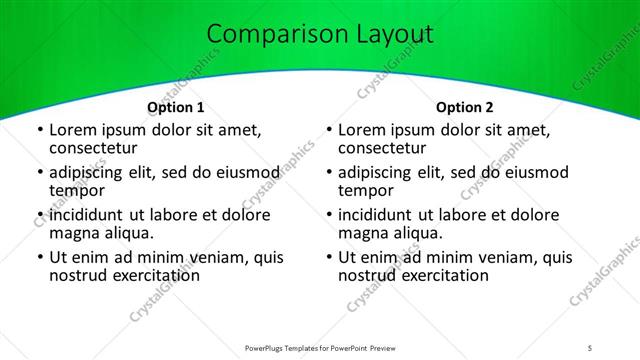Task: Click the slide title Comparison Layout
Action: [x=319, y=35]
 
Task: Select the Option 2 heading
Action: [x=465, y=107]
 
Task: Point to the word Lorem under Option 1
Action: [x=72, y=130]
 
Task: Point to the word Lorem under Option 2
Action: [x=361, y=130]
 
